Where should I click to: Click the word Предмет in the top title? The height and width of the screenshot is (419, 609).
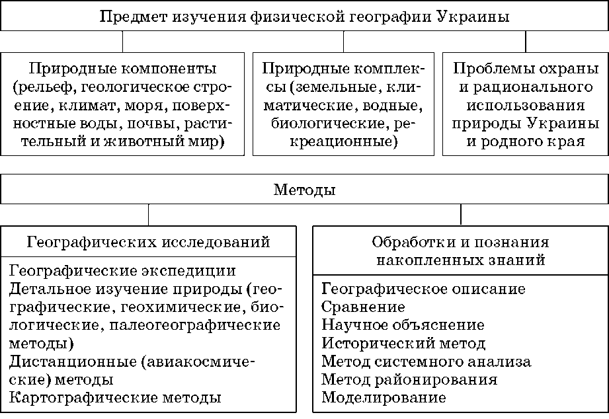[133, 17]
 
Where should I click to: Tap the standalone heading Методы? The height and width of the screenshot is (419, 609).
[304, 190]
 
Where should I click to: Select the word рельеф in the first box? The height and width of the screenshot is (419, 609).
[46, 88]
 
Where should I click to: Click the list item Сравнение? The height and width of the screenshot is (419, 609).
[363, 307]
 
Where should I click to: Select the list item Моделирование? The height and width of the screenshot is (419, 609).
[384, 398]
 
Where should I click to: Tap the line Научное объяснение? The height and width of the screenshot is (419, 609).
[403, 325]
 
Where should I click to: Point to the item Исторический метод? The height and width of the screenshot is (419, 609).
[403, 343]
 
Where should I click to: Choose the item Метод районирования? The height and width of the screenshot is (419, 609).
[409, 379]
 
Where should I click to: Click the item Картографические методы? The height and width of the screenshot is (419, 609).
[115, 398]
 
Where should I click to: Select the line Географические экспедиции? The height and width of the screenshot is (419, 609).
[122, 271]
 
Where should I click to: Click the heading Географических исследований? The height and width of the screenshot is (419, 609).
[148, 242]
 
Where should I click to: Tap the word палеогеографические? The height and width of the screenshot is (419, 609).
[195, 325]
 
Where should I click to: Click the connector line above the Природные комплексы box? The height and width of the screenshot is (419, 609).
[343, 42]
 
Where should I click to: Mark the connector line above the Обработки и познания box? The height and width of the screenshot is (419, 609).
[461, 215]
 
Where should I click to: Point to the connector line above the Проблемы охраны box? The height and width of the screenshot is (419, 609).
[526, 42]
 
